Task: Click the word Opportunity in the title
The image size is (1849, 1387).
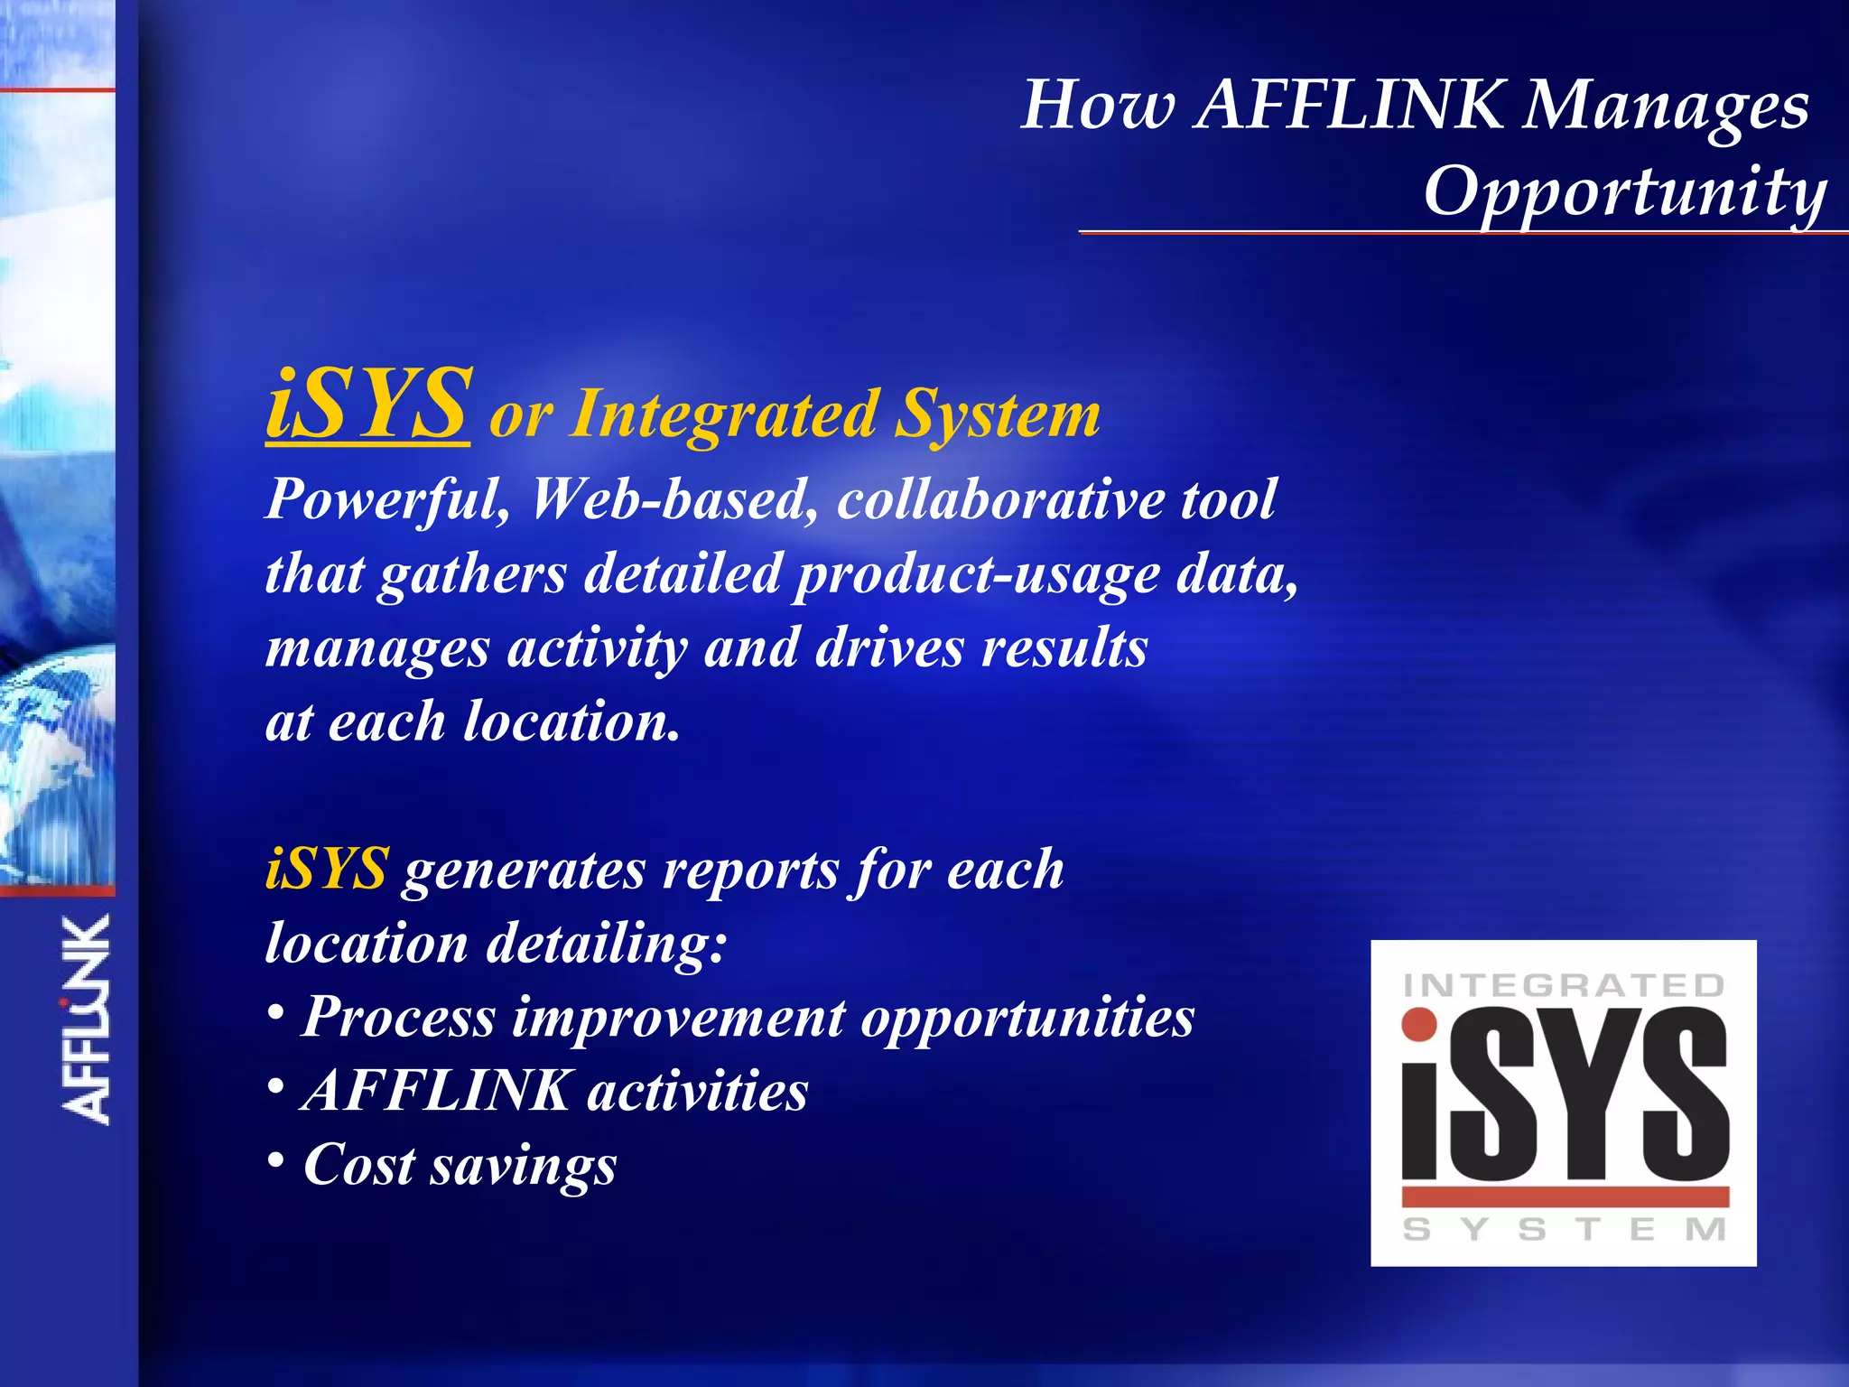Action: click(1623, 191)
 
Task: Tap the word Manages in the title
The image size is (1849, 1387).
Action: click(1666, 107)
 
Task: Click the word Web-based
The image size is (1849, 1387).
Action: click(674, 499)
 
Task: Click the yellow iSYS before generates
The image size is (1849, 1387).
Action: click(327, 869)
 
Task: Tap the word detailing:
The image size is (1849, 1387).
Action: click(606, 944)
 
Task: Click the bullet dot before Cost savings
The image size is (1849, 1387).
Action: click(276, 1160)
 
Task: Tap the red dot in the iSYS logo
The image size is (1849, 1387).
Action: click(1419, 1024)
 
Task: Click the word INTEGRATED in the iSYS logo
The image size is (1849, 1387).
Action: click(1564, 984)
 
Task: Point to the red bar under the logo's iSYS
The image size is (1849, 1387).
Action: click(1565, 1197)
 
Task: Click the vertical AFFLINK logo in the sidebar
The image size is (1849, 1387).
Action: click(87, 1020)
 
